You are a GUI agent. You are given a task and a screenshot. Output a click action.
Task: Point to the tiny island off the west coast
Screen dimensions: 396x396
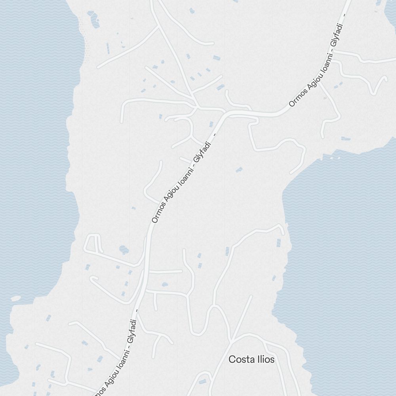click(16, 298)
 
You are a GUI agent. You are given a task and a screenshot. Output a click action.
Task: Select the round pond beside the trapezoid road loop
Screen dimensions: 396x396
click(124, 249)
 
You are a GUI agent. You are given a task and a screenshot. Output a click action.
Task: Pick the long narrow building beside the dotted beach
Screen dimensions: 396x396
click(107, 48)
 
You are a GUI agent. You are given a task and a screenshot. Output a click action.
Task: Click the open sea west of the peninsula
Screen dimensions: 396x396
click(32, 158)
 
